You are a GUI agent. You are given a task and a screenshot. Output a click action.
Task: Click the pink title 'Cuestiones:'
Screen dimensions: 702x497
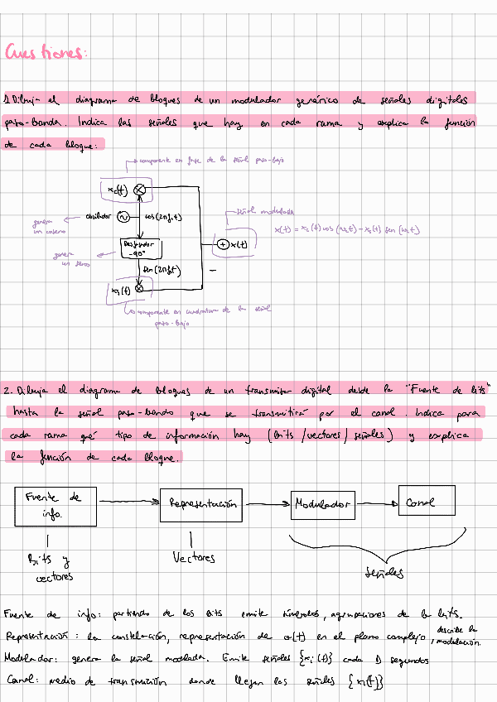(46, 54)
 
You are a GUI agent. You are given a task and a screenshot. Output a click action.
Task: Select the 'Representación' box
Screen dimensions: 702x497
(203, 503)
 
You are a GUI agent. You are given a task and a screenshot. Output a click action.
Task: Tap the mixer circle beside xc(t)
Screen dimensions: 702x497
(140, 190)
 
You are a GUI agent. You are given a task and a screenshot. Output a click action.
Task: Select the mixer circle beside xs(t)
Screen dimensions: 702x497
(139, 288)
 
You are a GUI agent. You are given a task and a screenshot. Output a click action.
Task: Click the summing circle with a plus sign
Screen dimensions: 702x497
(223, 244)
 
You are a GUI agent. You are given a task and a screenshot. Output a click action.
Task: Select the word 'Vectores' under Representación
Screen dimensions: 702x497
(193, 558)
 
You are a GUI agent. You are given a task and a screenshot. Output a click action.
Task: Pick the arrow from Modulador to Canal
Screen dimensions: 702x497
(378, 502)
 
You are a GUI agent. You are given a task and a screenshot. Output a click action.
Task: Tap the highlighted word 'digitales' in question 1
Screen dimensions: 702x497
(446, 100)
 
